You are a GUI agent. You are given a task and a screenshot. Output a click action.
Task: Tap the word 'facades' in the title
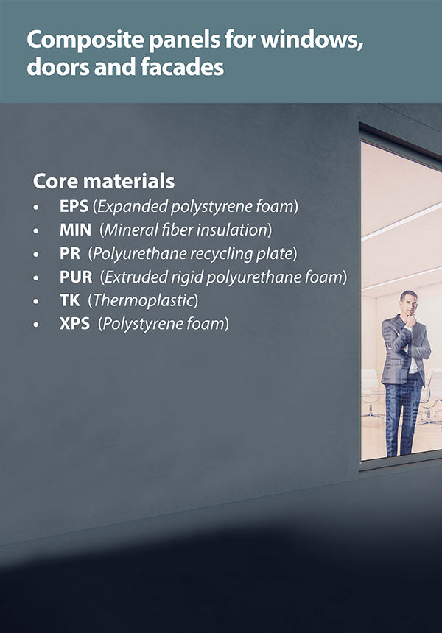pos(182,66)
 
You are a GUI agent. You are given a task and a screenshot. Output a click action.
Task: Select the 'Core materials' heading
pos(104,181)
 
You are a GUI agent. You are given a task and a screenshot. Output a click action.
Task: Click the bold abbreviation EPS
pos(74,206)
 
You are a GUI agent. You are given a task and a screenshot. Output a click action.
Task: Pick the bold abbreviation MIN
pos(76,230)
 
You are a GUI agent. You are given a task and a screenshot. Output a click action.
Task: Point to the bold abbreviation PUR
pos(76,277)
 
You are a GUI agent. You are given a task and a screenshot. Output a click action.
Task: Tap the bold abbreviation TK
pos(70,300)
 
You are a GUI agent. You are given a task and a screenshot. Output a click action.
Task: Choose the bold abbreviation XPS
pos(74,324)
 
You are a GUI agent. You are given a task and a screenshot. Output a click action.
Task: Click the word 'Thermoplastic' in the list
pos(143,301)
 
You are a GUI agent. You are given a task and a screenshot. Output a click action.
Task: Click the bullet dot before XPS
pos(36,325)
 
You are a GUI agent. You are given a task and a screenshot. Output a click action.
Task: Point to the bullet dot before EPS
pos(36,207)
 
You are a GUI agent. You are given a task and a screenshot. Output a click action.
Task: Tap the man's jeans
pos(399,420)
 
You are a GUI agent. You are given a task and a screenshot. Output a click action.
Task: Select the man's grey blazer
pos(404,350)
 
